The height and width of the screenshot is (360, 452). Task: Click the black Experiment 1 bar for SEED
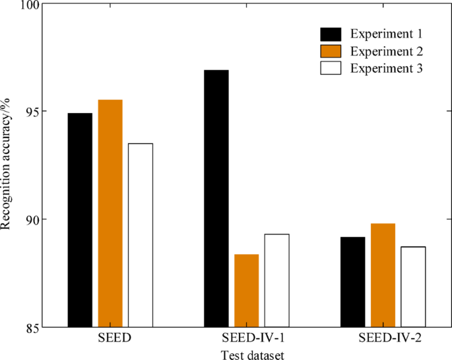(x=80, y=220)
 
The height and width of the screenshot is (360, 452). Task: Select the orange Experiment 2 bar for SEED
(x=110, y=213)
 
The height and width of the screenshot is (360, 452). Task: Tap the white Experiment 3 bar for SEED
(x=141, y=235)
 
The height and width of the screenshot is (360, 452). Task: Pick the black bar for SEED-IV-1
(x=216, y=198)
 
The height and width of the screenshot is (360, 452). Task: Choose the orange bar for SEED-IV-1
(x=246, y=290)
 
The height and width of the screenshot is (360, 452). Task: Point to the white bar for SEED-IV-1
(x=276, y=280)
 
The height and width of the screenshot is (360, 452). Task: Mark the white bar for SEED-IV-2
(x=413, y=286)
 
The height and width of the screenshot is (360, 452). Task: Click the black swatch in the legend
(x=330, y=34)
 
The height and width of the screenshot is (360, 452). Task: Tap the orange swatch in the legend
(x=330, y=51)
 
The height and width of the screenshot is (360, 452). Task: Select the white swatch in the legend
(x=330, y=68)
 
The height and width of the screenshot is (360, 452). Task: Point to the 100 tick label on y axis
(x=29, y=5)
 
